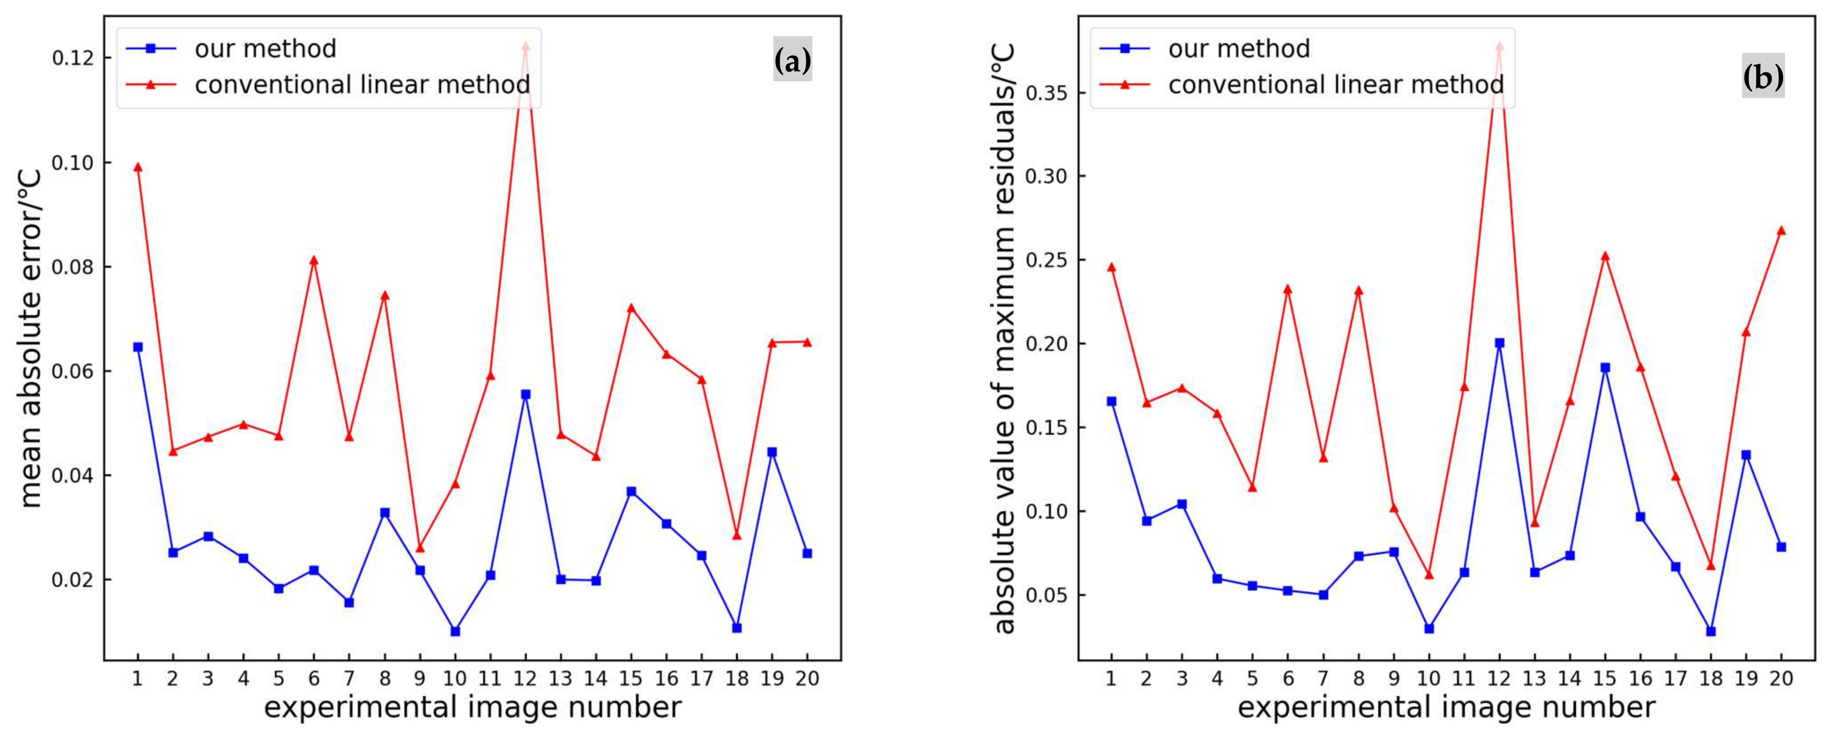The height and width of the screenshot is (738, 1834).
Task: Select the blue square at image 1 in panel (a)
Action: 137,347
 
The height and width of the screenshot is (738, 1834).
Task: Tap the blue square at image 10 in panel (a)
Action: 455,631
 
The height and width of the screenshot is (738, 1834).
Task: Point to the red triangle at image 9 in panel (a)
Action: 419,548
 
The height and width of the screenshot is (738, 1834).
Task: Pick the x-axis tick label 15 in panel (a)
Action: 631,679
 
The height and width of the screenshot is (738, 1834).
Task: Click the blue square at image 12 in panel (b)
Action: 1499,343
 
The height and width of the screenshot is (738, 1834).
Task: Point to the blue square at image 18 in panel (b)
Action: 1711,631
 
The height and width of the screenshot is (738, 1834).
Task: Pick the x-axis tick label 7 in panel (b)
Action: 1323,679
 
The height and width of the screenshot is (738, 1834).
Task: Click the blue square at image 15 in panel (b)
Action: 1605,368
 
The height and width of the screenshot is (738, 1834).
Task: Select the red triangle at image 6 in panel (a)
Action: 313,261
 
